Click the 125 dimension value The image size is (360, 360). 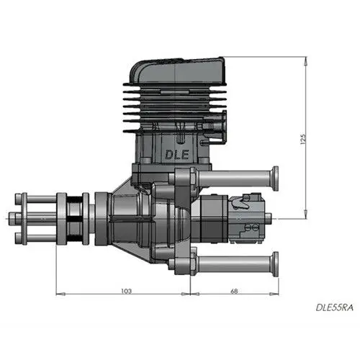(x=305, y=138)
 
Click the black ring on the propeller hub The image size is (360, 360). (x=71, y=215)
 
